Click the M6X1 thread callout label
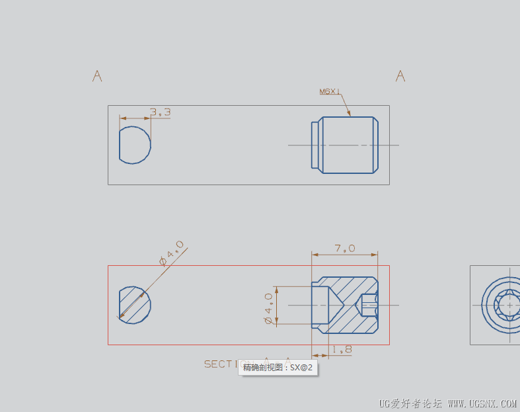pyautogui.click(x=330, y=92)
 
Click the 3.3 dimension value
pyautogui.click(x=160, y=112)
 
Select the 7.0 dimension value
pyautogui.click(x=345, y=249)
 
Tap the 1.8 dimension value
pyautogui.click(x=342, y=349)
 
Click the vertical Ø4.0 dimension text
pyautogui.click(x=268, y=308)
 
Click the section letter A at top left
pyautogui.click(x=97, y=76)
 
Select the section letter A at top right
pyautogui.click(x=400, y=76)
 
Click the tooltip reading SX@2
pyautogui.click(x=277, y=367)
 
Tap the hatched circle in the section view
pyautogui.click(x=135, y=305)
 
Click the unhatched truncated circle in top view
pyautogui.click(x=135, y=145)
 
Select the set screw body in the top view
pyautogui.click(x=346, y=145)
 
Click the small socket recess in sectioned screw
pyautogui.click(x=368, y=305)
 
